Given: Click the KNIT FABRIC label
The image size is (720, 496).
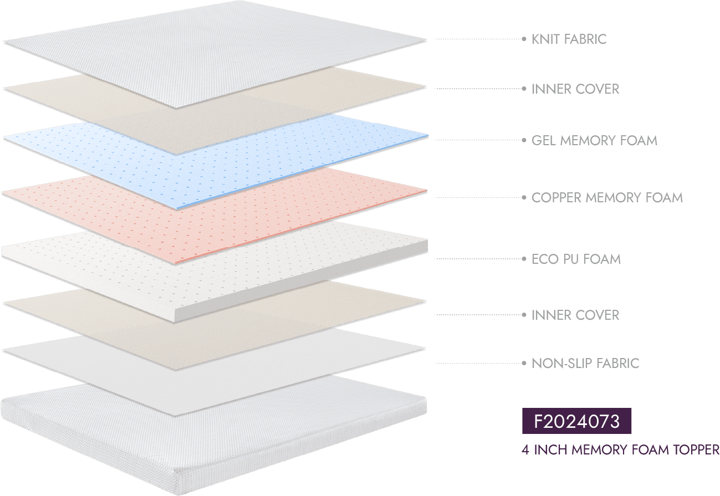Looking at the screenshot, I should click(x=569, y=39).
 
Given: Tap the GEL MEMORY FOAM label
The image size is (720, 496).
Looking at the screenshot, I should click(x=594, y=140).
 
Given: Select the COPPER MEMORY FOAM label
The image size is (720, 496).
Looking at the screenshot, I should click(x=607, y=197).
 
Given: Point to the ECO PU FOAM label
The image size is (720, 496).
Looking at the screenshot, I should click(x=576, y=259).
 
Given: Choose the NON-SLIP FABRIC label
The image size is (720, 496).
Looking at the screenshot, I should click(x=585, y=364).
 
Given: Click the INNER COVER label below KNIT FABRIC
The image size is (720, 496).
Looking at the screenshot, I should click(x=575, y=89).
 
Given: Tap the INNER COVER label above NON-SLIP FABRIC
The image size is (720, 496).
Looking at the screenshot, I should click(x=575, y=315).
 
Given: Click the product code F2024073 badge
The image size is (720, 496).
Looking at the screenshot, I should click(x=576, y=422).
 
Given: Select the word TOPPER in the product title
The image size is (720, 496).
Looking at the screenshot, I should click(x=696, y=449).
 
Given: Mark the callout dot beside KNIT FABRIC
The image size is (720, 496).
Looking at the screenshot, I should click(x=524, y=39).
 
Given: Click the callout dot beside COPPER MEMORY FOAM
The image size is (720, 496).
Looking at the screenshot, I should click(x=524, y=197).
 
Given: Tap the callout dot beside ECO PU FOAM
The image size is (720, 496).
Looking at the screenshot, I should click(x=524, y=259).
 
